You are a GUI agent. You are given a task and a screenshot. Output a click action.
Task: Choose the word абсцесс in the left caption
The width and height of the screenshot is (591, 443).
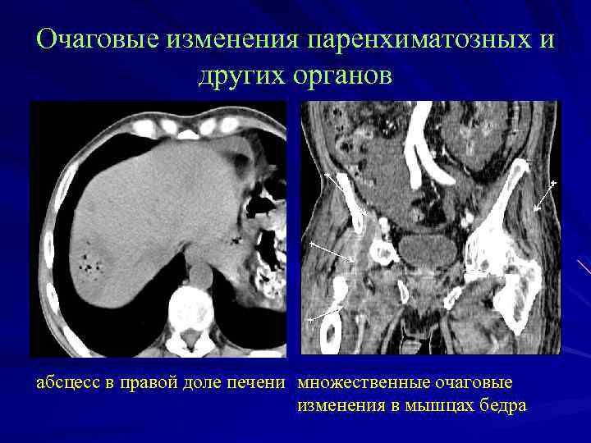point(66,382)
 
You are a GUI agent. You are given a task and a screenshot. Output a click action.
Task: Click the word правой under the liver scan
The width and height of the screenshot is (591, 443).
point(135,382)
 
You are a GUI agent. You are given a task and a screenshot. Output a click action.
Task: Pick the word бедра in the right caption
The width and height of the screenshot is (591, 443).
point(502,405)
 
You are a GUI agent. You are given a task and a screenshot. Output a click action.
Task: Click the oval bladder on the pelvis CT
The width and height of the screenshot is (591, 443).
point(428,249)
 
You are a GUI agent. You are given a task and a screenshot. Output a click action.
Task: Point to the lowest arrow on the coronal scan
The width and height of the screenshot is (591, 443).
point(325,313)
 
